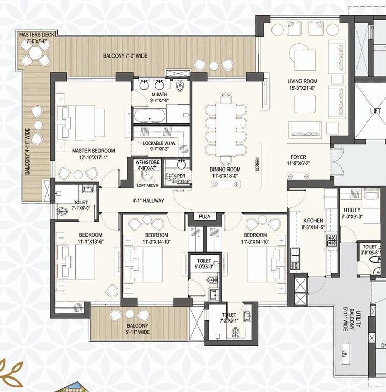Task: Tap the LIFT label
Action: [x=375, y=111]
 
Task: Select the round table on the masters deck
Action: [x=34, y=53]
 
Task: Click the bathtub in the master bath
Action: [x=150, y=116]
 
